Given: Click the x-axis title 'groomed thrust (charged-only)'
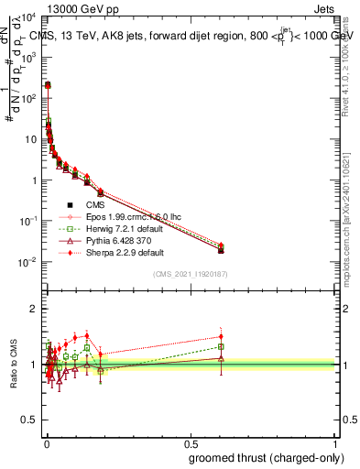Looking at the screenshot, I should click(x=265, y=457).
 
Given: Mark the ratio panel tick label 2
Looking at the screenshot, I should click(x=33, y=309).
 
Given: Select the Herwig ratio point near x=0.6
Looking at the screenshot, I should click(x=221, y=346).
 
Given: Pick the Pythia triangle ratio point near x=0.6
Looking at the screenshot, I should click(x=221, y=358).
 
